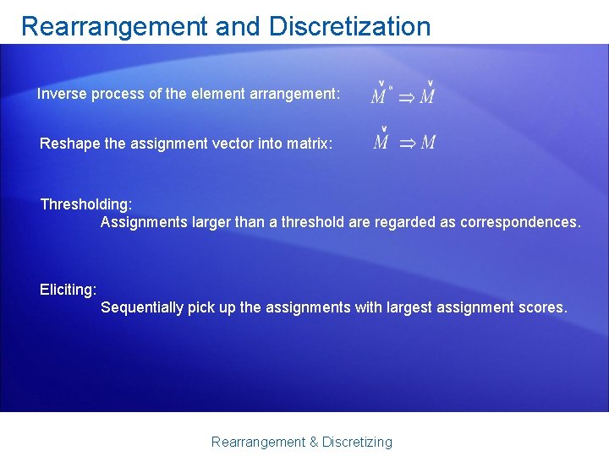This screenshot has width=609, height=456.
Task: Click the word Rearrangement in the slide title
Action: point(114,27)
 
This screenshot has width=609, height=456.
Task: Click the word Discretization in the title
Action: point(349,27)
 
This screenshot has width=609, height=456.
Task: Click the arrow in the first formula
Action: point(407,97)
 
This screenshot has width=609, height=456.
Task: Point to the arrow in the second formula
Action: point(407,143)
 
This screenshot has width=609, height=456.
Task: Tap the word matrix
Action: point(310,144)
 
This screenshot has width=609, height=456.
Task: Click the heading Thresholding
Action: point(86,204)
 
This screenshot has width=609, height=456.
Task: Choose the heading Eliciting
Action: point(69,290)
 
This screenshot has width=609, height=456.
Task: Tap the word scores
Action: point(546,307)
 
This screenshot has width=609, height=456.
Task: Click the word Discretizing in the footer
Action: point(358,442)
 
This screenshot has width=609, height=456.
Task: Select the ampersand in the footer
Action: point(313,442)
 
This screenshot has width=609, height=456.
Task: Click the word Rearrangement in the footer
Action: point(258,442)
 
